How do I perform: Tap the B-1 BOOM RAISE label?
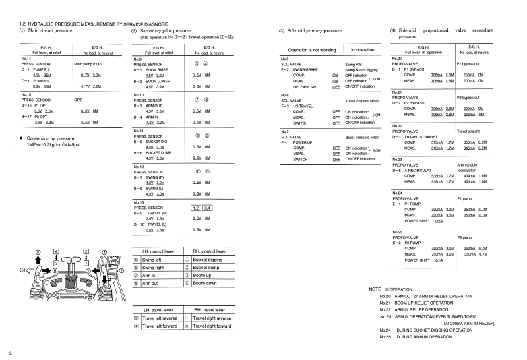(154, 69)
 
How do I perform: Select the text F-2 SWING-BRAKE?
(297, 69)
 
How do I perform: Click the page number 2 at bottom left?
(11, 352)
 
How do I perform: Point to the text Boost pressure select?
(365, 137)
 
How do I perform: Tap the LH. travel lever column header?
(158, 309)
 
